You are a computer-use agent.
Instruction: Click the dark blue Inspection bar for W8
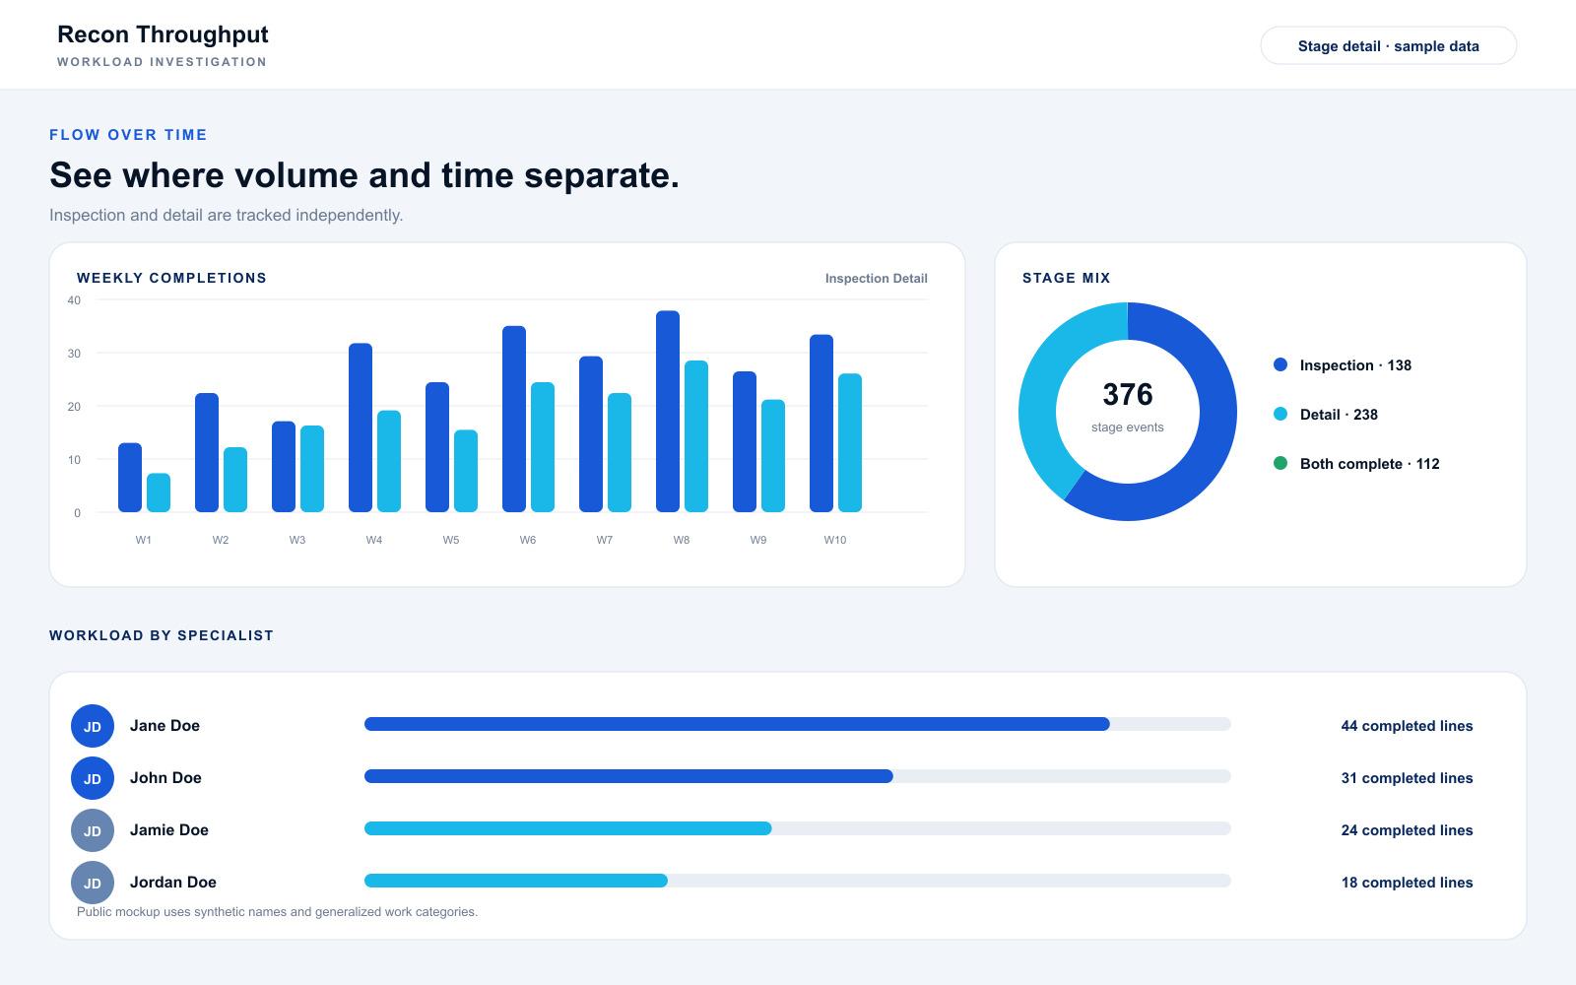point(668,411)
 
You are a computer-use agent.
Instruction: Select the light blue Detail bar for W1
point(159,492)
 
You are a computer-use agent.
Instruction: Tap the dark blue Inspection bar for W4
point(361,427)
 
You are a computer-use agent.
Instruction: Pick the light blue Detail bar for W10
point(850,442)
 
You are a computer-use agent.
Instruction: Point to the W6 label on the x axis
point(528,540)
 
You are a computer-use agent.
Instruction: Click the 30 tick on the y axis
point(74,354)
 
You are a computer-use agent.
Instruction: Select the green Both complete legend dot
point(1280,463)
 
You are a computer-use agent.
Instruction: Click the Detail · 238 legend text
point(1339,415)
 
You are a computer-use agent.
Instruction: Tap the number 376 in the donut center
point(1127,394)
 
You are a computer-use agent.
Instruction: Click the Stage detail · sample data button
point(1388,45)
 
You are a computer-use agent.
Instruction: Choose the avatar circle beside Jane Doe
point(93,725)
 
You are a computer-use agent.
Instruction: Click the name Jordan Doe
point(173,882)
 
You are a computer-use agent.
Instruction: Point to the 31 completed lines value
point(1407,777)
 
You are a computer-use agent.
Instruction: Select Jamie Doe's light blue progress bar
point(567,828)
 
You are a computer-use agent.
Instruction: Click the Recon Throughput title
point(163,33)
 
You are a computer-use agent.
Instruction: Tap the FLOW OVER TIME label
point(128,134)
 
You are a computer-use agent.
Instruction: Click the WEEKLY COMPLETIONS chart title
point(171,278)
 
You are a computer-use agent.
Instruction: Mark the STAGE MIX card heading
point(1066,278)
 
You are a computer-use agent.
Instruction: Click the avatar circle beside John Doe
point(93,777)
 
